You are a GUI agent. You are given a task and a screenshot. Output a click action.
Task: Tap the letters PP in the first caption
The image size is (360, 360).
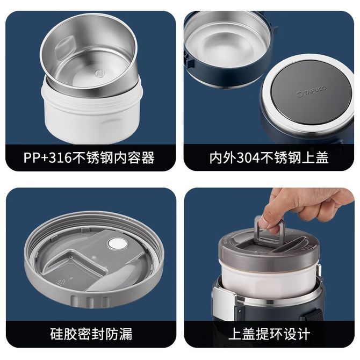(31, 158)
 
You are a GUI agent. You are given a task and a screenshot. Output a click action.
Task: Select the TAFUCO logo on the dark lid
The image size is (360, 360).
(311, 91)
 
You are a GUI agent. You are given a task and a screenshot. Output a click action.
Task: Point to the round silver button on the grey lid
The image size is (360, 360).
(118, 243)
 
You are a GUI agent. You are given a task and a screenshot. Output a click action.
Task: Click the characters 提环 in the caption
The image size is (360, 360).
(269, 334)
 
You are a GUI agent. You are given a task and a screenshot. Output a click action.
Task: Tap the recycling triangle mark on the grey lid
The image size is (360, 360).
(62, 282)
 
